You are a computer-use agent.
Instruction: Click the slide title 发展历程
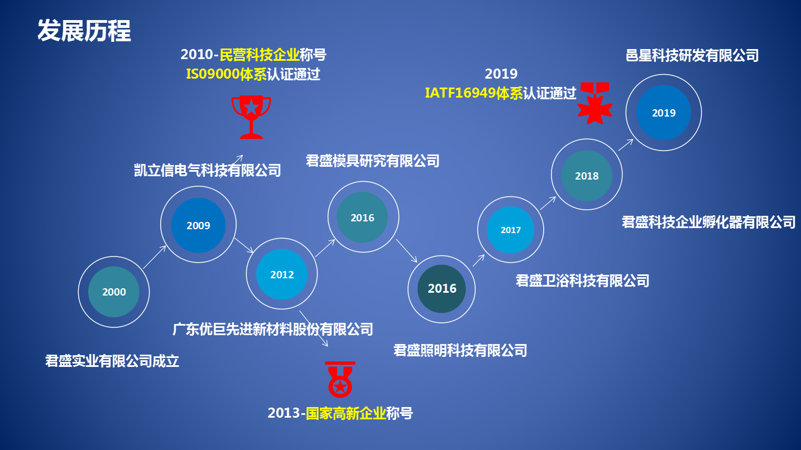tap(84, 31)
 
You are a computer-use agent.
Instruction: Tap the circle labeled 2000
tap(114, 292)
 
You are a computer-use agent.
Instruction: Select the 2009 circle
tap(198, 225)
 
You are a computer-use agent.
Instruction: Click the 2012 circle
tap(282, 274)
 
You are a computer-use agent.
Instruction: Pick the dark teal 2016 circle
tap(442, 289)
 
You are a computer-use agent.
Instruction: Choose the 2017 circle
tap(511, 230)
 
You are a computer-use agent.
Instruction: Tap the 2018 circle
tap(587, 175)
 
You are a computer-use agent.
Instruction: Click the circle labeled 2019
tap(664, 113)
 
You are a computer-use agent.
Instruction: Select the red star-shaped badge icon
tap(595, 104)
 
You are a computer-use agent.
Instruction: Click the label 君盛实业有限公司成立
tap(112, 361)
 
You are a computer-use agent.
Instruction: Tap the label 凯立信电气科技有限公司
tap(208, 170)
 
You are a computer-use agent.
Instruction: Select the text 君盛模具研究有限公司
tap(373, 161)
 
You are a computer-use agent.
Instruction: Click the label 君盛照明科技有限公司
tap(460, 350)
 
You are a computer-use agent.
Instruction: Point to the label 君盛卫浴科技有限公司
tap(583, 280)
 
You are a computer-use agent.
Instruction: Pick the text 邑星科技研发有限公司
tap(692, 55)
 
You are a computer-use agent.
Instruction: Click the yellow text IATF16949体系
tap(474, 93)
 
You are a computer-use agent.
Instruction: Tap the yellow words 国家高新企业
tap(346, 413)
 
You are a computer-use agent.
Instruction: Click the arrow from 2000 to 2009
tap(155, 257)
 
